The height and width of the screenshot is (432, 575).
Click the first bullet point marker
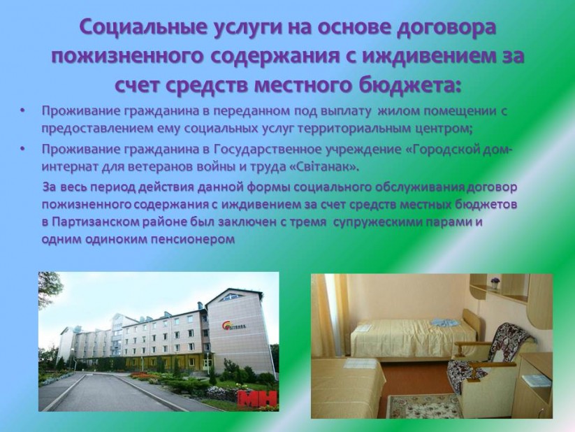(x=23, y=110)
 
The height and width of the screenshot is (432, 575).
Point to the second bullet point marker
(x=23, y=149)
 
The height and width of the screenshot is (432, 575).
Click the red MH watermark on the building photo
(x=259, y=401)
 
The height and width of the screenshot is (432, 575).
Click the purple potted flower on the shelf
(x=495, y=283)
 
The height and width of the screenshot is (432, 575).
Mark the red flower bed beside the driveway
(x=147, y=375)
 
